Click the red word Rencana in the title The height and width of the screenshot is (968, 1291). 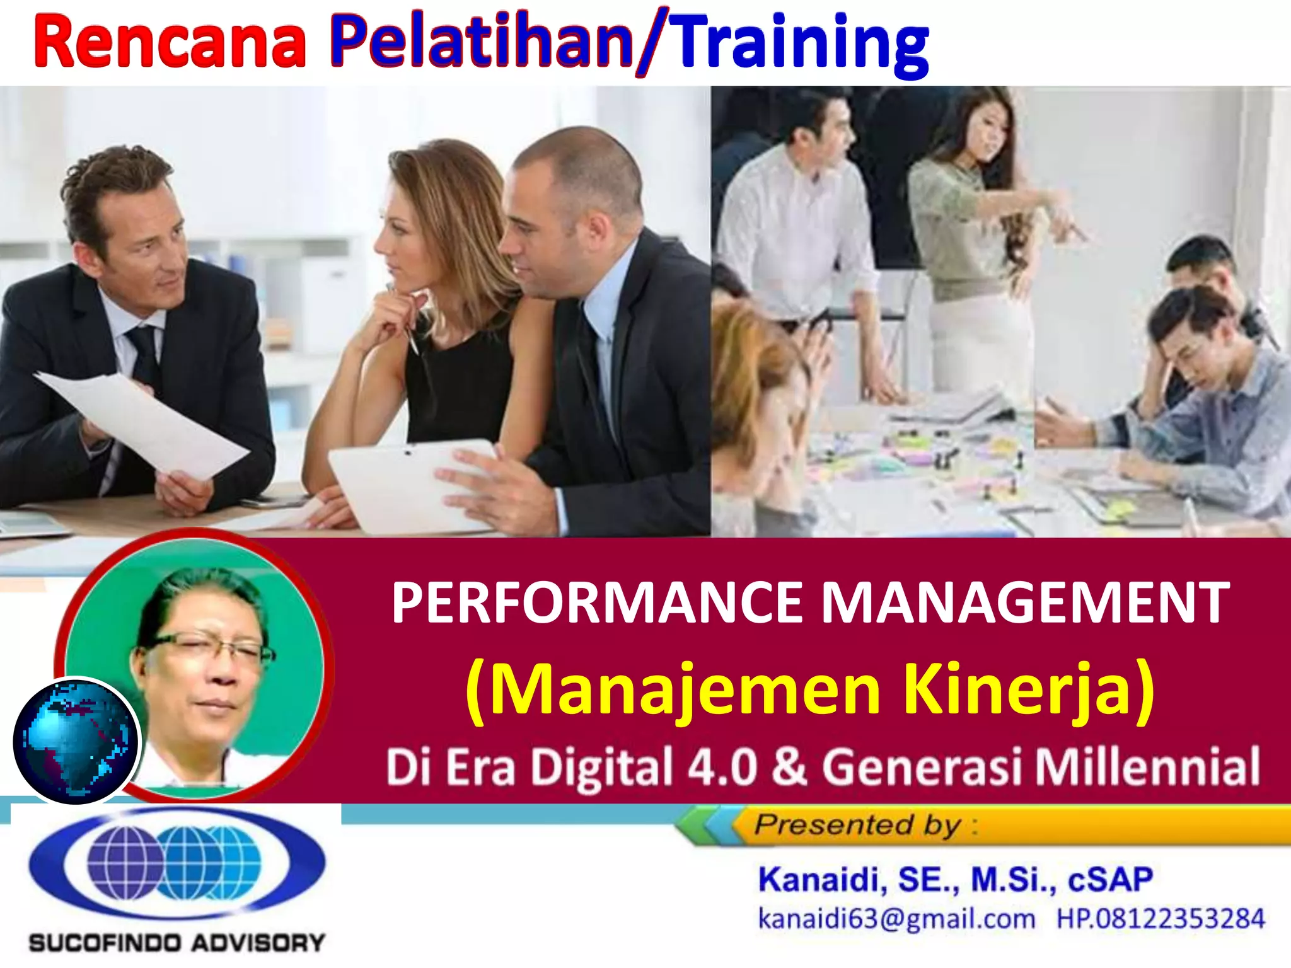click(170, 43)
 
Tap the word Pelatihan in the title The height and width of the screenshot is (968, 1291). click(482, 43)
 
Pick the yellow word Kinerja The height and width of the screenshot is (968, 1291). click(1028, 689)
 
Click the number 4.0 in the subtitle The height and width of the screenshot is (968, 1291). click(722, 767)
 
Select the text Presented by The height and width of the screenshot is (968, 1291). click(857, 825)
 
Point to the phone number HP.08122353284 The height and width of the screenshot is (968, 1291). click(1161, 919)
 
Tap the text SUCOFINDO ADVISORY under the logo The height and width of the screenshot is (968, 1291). click(177, 943)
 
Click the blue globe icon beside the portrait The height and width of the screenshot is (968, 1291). click(76, 741)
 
